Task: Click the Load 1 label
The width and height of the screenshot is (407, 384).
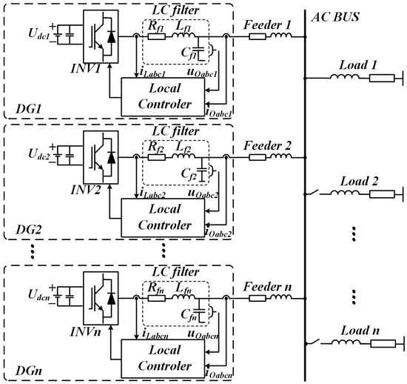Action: (x=362, y=63)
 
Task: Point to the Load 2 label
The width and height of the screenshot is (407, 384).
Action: (x=362, y=182)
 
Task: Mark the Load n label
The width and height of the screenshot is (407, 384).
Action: (x=362, y=331)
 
